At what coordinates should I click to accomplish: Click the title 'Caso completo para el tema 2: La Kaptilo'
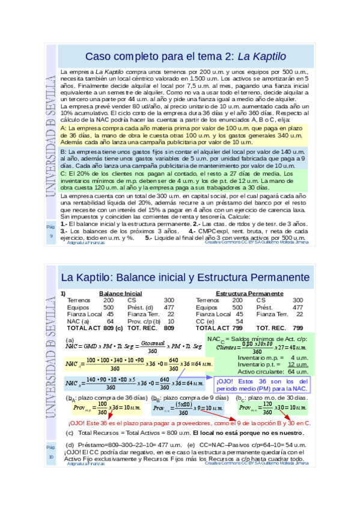[x=185, y=57]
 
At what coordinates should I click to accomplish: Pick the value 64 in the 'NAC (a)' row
[x=110, y=321]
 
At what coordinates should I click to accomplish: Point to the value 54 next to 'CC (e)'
[x=239, y=321]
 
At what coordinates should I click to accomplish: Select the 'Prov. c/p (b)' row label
[x=144, y=321]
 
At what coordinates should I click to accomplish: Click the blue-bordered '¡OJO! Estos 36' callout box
[x=261, y=385]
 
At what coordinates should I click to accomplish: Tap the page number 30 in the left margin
[x=51, y=457]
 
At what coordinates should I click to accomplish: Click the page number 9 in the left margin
[x=51, y=236]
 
